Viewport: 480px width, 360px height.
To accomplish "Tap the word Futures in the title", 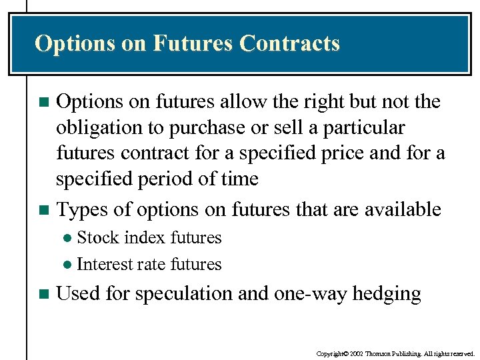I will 192,44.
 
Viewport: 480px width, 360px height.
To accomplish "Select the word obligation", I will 99,127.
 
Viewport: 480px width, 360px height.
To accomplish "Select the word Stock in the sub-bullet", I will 97,237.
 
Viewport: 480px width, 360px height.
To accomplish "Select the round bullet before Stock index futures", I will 67,238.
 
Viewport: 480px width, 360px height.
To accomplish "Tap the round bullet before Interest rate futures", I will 67,265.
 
